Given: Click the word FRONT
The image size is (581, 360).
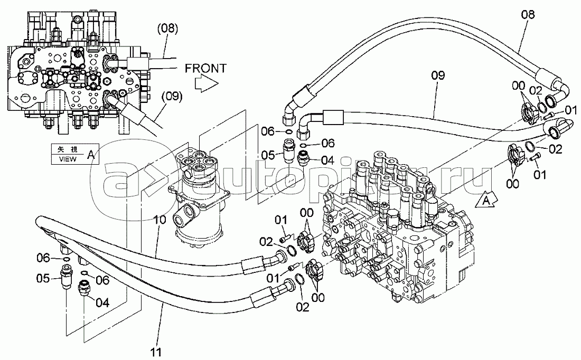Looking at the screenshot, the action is click(205, 68).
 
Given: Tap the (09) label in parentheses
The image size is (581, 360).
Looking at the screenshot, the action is click(172, 97).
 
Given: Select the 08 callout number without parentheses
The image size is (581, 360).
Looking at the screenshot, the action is click(528, 14).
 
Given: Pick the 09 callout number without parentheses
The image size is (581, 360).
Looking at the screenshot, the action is click(438, 75).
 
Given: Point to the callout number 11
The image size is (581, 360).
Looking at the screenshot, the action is click(156, 352).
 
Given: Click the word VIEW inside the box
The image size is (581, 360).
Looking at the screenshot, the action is click(68, 159).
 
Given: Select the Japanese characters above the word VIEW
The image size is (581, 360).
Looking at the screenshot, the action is click(68, 149).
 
